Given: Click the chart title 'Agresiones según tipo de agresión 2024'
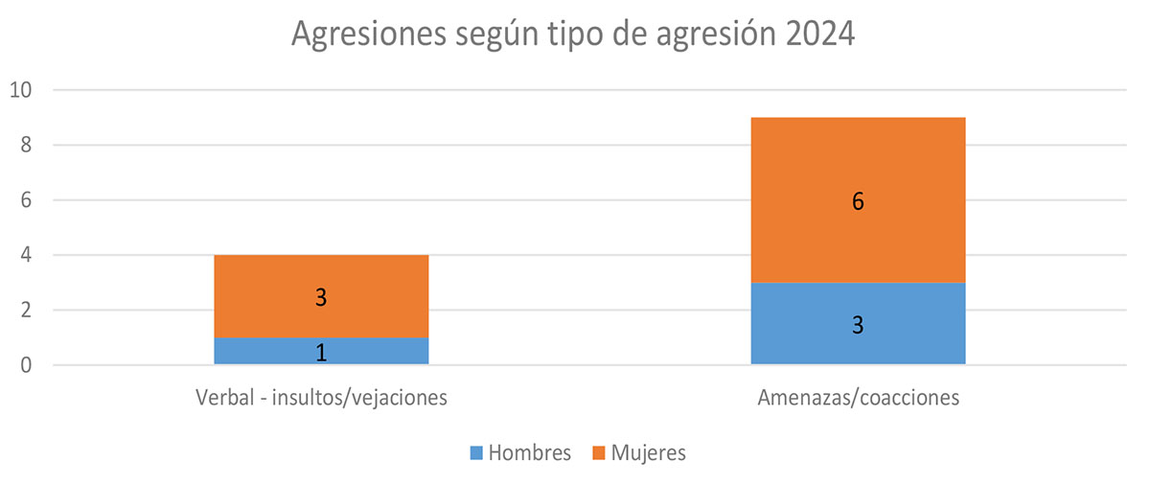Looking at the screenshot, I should [x=572, y=35].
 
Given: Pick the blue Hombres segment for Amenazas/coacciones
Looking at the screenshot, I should [x=858, y=324].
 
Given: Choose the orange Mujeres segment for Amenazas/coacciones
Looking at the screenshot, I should [x=858, y=200].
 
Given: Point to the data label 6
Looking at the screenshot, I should [x=858, y=202].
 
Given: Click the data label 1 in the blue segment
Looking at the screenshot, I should [x=321, y=352].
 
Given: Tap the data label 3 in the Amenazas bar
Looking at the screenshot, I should [x=858, y=325].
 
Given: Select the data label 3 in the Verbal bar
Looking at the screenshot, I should [x=321, y=297].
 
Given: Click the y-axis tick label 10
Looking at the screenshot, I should [x=21, y=90].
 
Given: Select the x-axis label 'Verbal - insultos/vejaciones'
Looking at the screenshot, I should [x=321, y=397].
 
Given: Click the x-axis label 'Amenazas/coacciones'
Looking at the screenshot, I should [x=858, y=397].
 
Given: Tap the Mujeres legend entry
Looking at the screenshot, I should [x=639, y=452].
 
